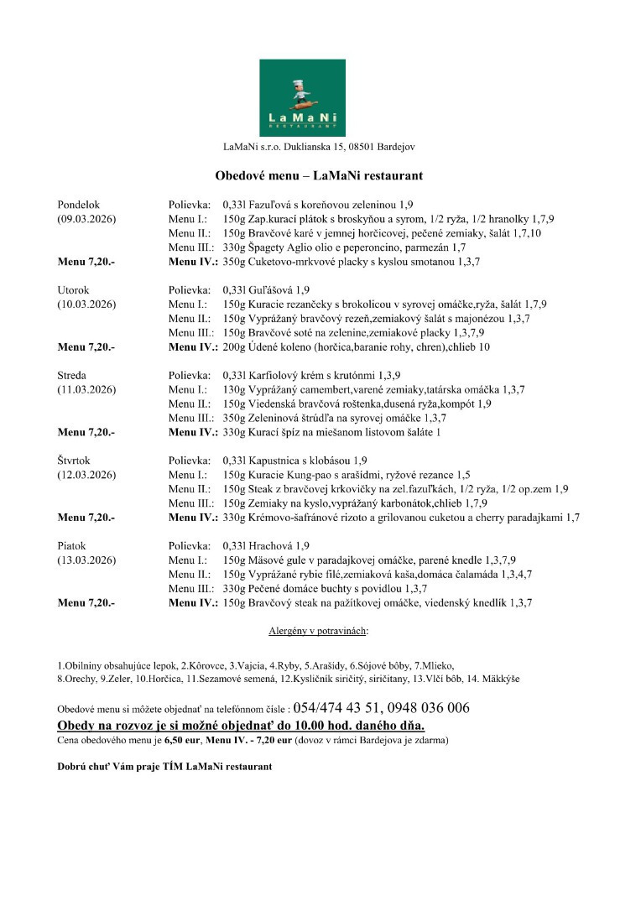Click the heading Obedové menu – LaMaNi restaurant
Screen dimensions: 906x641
click(x=319, y=176)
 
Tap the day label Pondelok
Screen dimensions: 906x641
click(x=79, y=205)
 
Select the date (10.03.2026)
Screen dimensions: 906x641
click(x=86, y=304)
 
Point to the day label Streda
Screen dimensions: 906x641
click(x=73, y=375)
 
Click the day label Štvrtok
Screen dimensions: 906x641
click(x=76, y=461)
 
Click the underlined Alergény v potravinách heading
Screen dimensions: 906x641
click(x=319, y=630)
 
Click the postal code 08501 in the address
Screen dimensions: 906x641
click(x=365, y=147)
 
